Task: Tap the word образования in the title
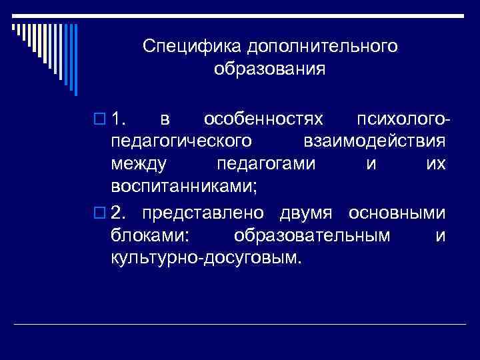[270, 69]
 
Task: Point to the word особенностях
[263, 119]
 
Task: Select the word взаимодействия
[374, 142]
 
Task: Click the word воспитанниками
[183, 187]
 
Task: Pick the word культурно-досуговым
[206, 258]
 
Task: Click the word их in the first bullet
[436, 164]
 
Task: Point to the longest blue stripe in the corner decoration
[76, 60]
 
